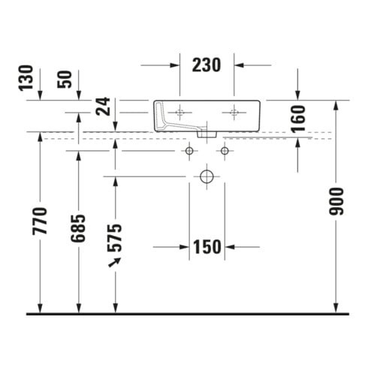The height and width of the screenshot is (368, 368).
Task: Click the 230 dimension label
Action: tap(207, 65)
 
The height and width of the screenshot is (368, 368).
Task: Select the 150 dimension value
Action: tap(207, 247)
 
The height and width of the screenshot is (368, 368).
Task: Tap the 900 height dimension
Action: tap(336, 202)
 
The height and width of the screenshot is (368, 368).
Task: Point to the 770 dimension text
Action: tap(40, 221)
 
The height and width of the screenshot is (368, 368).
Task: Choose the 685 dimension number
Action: tap(78, 228)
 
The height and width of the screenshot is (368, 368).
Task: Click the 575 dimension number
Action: tap(115, 238)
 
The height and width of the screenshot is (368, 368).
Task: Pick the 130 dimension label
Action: tap(26, 77)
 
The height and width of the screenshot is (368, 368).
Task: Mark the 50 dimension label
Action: tap(65, 80)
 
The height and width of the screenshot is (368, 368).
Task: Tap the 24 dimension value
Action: tap(103, 107)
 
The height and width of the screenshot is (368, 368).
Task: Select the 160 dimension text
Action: tap(298, 119)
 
